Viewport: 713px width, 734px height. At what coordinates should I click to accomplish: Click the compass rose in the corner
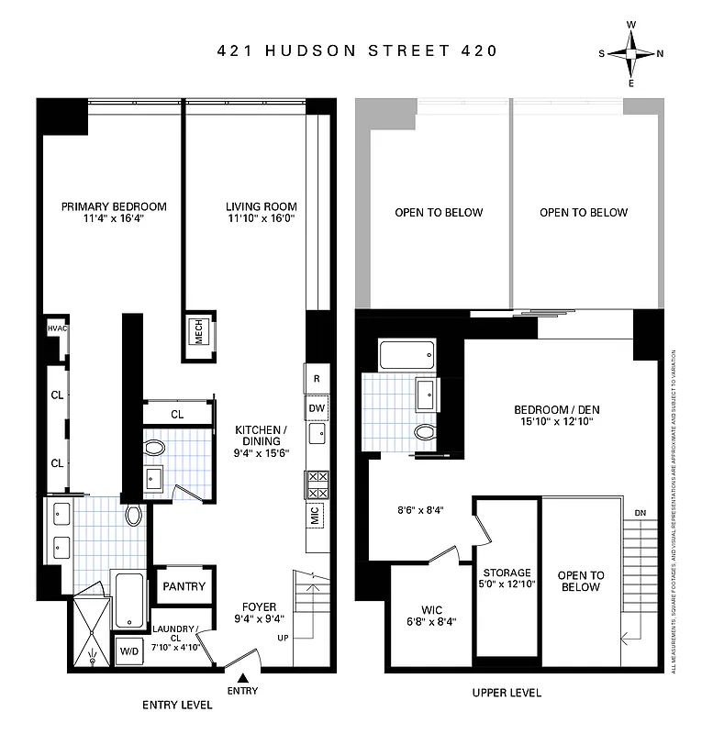631,53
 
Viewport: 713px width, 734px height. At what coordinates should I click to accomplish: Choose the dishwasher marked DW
317,408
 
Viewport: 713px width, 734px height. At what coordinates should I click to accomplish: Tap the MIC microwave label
316,516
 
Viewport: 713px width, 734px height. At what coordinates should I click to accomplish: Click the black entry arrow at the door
243,676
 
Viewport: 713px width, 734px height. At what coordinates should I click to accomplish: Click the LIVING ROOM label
262,206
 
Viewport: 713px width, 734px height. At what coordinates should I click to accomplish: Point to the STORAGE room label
507,572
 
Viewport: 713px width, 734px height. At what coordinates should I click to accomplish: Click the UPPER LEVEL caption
507,693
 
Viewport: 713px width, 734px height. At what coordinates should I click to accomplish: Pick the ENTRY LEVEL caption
177,705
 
